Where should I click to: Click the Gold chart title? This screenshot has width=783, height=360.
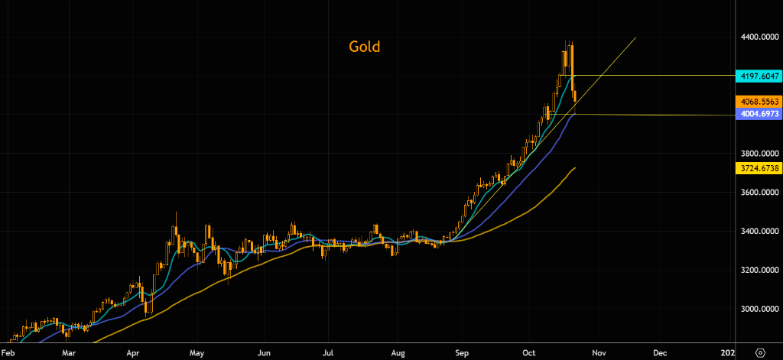tap(364, 47)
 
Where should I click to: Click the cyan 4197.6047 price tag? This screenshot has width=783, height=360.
tap(758, 76)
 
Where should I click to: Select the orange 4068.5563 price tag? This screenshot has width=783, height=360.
tap(758, 102)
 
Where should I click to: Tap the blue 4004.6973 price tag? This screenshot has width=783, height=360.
tap(758, 114)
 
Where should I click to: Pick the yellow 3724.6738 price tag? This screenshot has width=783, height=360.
tap(758, 168)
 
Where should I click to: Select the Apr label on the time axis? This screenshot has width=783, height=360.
tap(134, 353)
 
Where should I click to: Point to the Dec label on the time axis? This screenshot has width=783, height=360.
tap(661, 353)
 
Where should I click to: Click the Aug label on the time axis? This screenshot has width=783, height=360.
tap(398, 353)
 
